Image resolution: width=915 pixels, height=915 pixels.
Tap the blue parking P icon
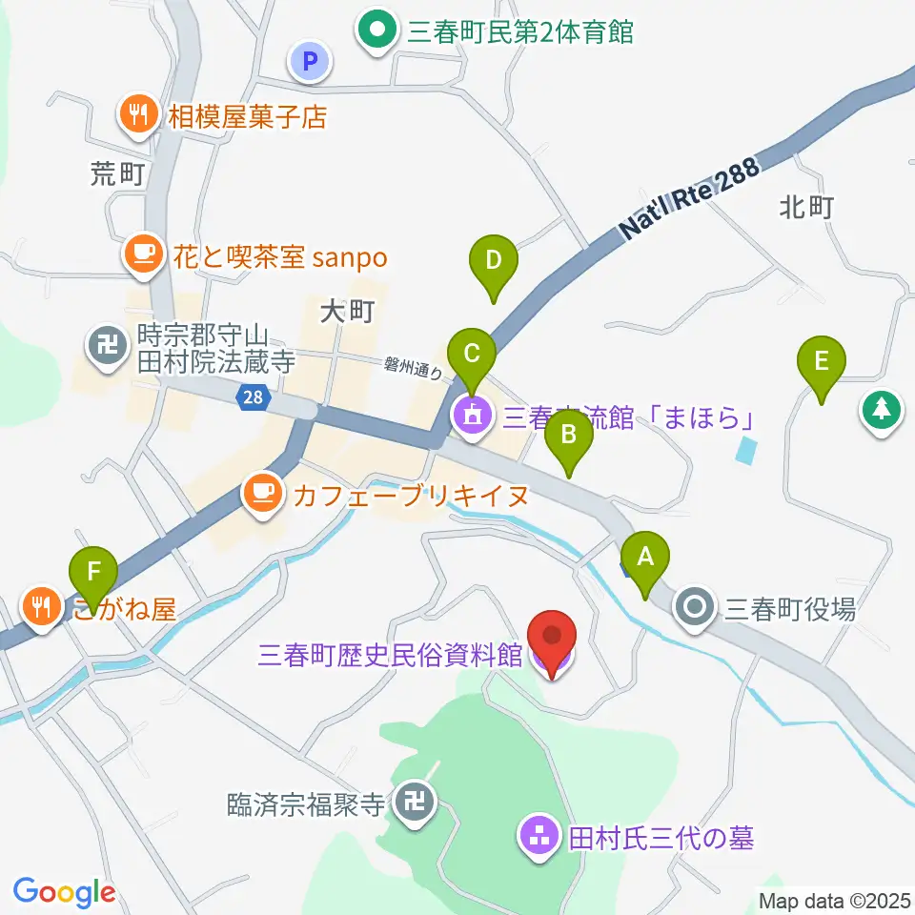pos(308,63)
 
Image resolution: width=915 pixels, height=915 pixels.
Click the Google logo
pos(64,892)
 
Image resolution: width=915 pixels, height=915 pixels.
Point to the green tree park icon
pos(881,411)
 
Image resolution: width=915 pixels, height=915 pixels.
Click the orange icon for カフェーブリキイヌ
pos(262,494)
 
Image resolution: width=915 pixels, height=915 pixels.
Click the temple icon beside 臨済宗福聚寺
pos(416,803)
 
